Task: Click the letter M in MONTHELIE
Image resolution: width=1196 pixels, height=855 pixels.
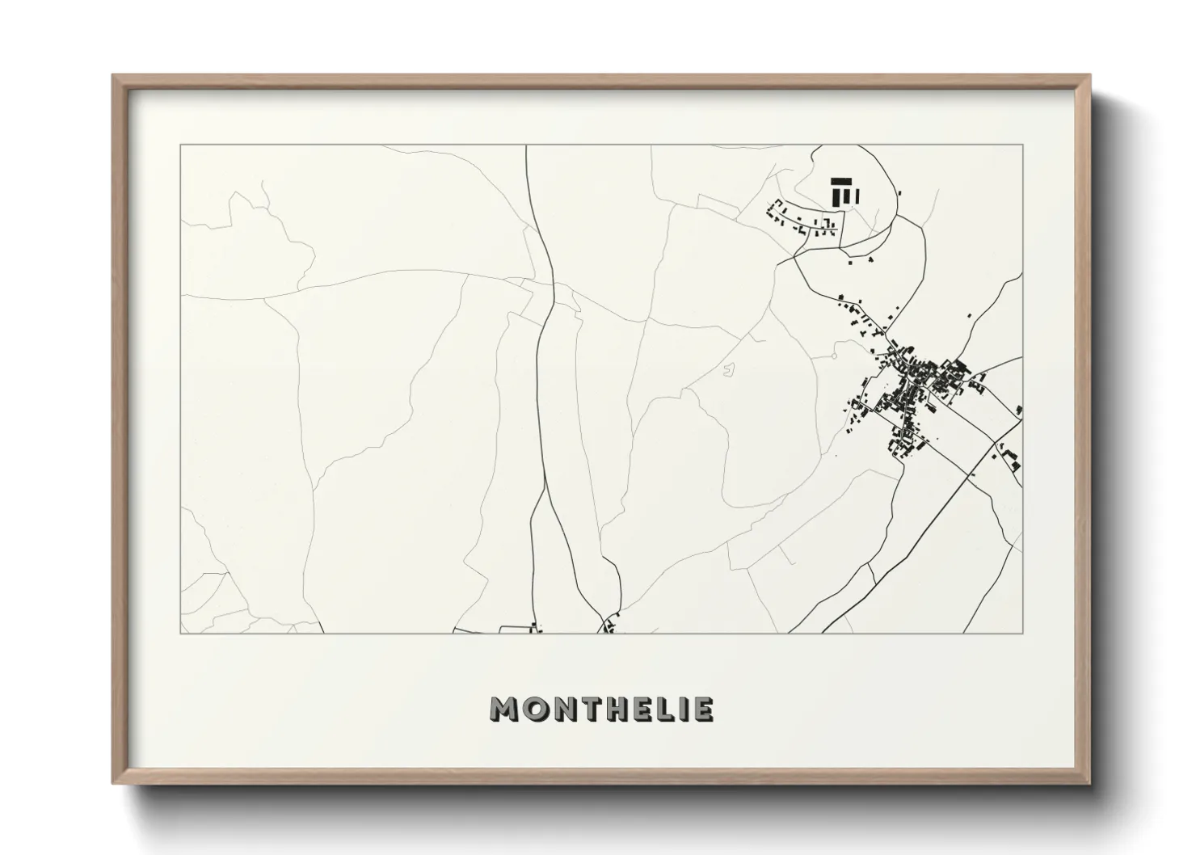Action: point(504,710)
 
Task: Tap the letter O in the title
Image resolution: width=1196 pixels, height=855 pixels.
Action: point(533,710)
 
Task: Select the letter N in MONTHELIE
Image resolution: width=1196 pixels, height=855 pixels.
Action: point(562,710)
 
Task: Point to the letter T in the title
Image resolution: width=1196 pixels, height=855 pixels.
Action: point(587,710)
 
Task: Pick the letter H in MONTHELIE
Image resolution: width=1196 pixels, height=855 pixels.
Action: point(615,710)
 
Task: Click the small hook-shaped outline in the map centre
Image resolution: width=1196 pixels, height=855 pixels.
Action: point(731,370)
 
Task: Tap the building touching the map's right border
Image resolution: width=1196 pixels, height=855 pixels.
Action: point(1020,411)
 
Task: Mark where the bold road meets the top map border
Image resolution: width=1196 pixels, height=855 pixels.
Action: point(526,146)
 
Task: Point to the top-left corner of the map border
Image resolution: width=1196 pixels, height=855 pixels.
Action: point(180,145)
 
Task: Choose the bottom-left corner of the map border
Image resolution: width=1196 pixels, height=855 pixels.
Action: point(180,633)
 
